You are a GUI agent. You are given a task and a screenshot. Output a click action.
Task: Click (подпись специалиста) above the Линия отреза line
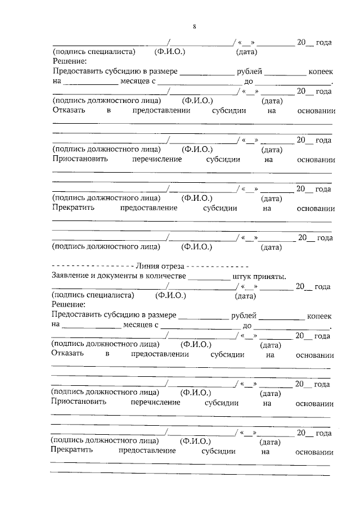pos(94,52)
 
